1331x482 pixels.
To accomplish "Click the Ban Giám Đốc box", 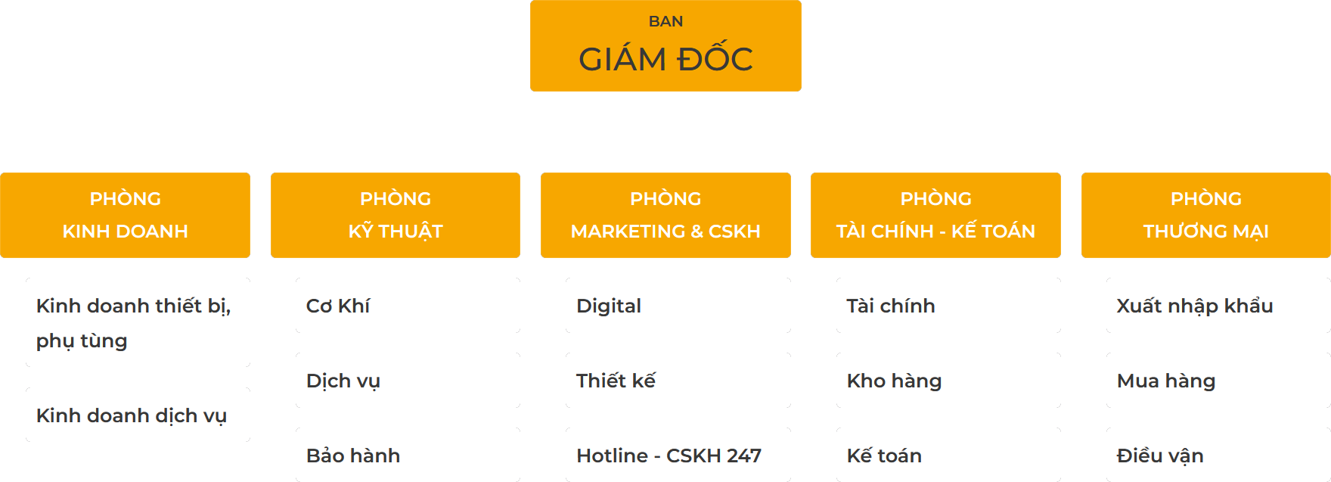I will point(665,45).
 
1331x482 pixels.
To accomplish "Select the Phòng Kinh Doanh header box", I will point(125,215).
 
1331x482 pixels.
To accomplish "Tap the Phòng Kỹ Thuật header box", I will point(396,215).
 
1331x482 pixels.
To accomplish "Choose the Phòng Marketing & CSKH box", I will point(665,215).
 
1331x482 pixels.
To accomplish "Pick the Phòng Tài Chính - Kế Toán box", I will point(935,215).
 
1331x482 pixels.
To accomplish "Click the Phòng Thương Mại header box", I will point(1206,215).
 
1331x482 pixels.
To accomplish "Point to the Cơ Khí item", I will point(338,306).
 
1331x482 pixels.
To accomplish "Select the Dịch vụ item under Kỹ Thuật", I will point(343,381).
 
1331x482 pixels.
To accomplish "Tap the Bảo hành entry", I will point(353,456).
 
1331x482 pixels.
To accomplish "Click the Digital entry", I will point(609,306).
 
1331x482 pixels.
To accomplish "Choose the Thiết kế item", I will point(616,381).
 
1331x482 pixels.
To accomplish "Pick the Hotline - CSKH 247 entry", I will point(669,456).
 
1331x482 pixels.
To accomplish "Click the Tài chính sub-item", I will point(891,306).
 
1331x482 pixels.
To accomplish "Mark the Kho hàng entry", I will point(894,381).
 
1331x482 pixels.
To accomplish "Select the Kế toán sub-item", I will point(884,456).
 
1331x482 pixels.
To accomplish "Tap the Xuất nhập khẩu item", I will point(1195,306).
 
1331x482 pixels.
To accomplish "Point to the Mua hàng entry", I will point(1166,381).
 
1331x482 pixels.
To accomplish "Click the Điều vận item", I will point(1160,456).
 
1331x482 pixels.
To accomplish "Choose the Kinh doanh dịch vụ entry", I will point(132,415).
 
